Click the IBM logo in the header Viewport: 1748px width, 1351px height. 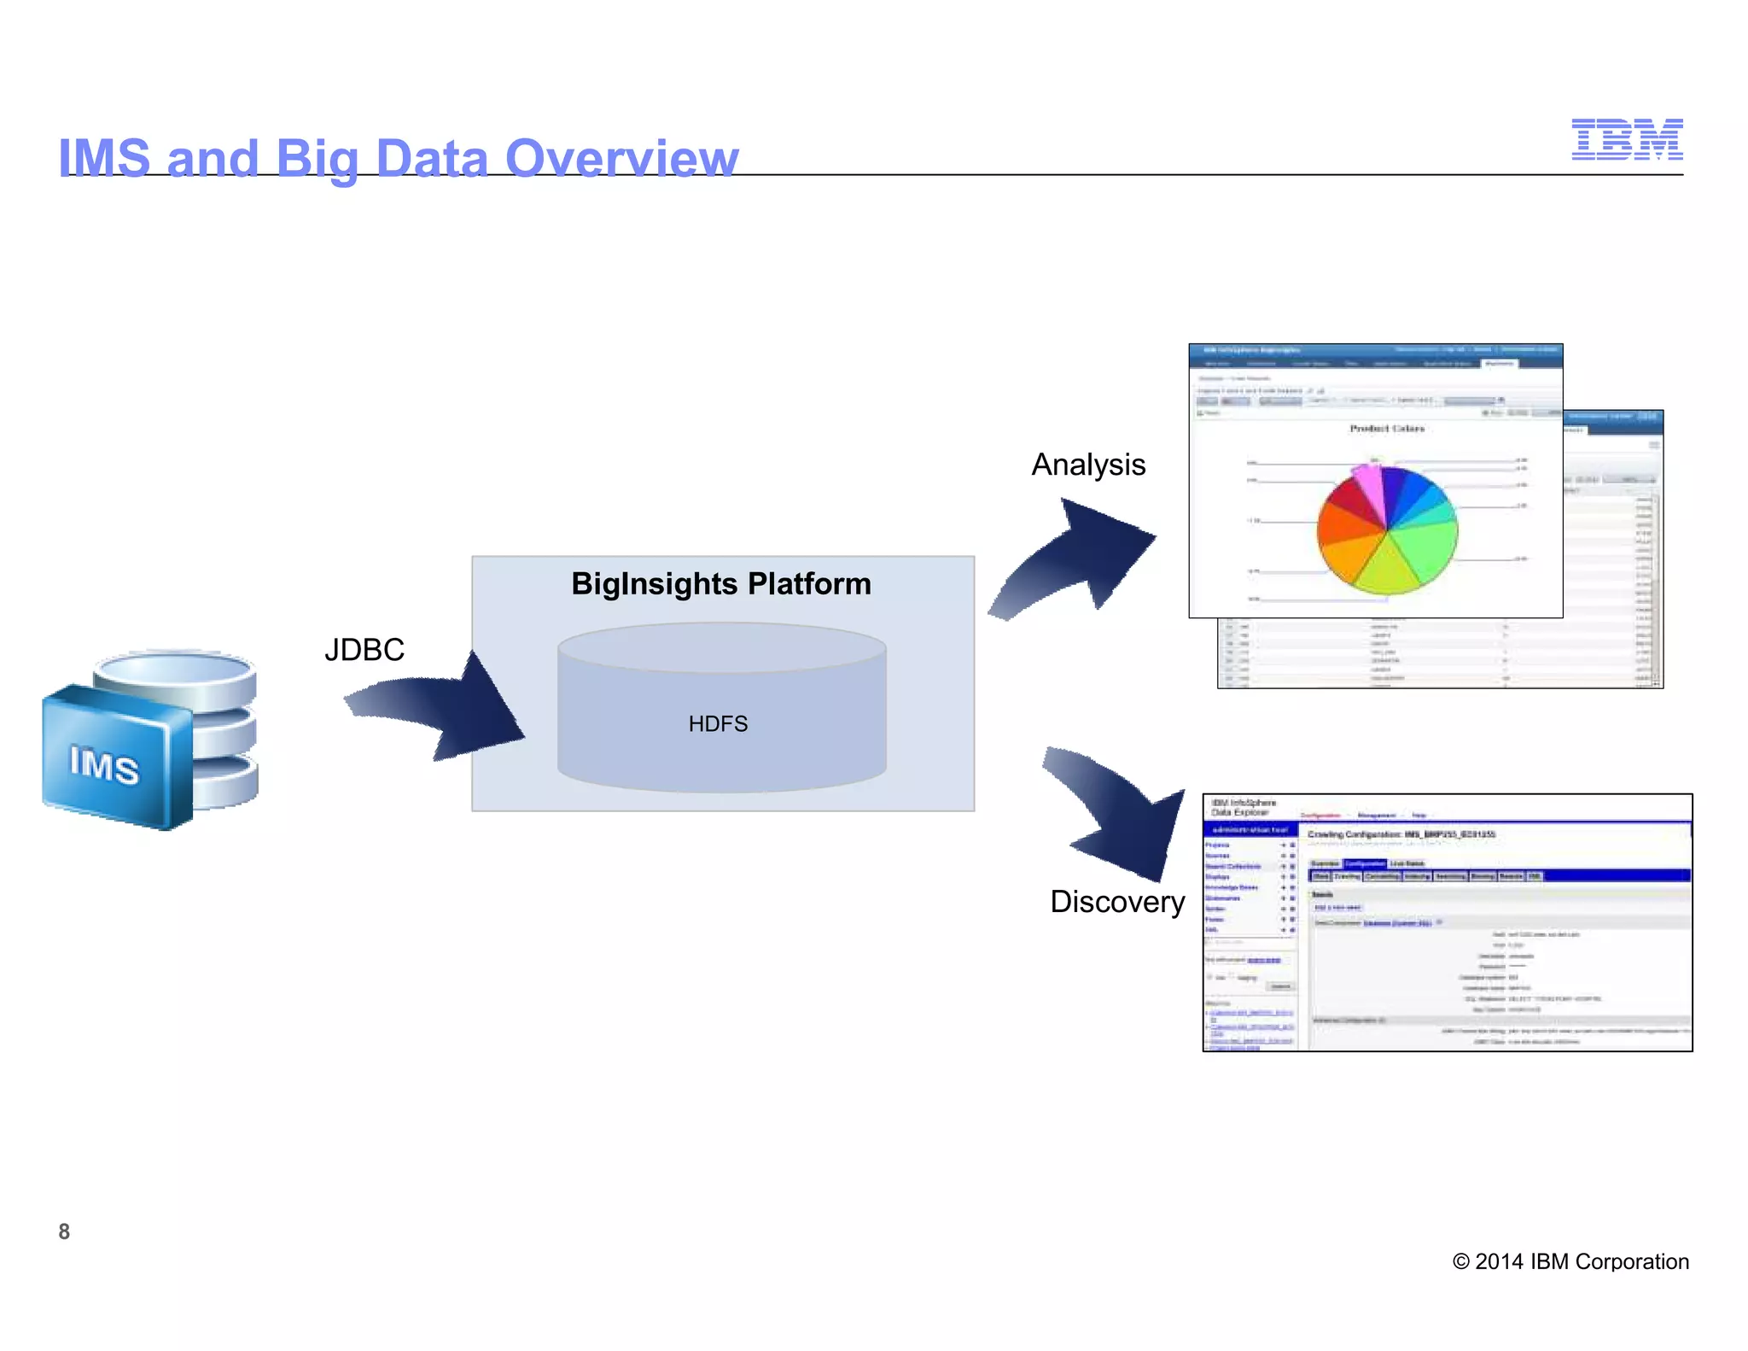[1626, 139]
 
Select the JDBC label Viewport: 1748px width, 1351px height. [364, 650]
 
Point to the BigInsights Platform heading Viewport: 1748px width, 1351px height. [721, 584]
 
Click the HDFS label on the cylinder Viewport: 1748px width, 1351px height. [718, 724]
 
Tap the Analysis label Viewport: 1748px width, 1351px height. [1088, 465]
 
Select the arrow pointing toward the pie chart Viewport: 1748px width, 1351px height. [1080, 559]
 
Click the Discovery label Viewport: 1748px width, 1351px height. [1116, 902]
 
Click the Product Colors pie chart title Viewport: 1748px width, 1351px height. [1386, 429]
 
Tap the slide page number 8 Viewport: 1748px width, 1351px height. [64, 1231]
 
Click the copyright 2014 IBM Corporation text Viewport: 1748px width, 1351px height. [1570, 1261]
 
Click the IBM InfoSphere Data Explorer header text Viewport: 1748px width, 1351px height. [1244, 808]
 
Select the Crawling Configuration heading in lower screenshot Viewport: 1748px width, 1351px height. [1401, 834]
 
